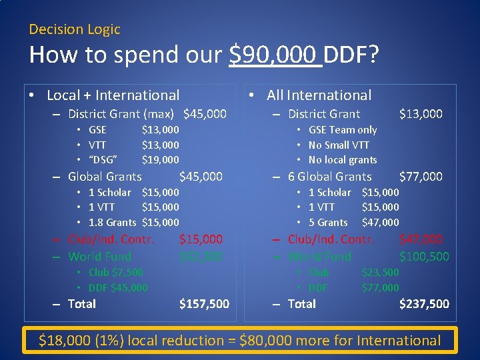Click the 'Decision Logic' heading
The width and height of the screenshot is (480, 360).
pyautogui.click(x=75, y=29)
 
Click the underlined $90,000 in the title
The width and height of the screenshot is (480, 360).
pyautogui.click(x=275, y=55)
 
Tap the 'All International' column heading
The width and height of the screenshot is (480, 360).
pyautogui.click(x=319, y=96)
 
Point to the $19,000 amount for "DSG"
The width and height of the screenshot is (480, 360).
pyautogui.click(x=160, y=160)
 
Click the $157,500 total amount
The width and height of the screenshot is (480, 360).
pyautogui.click(x=204, y=304)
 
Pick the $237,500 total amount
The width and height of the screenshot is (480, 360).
pyautogui.click(x=424, y=304)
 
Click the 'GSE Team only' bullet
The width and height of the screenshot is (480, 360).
pyautogui.click(x=343, y=130)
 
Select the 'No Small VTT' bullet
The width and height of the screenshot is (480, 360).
pyautogui.click(x=339, y=145)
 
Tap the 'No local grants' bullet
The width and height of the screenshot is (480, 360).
pyautogui.click(x=343, y=160)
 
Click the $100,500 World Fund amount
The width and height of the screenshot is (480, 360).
pyautogui.click(x=424, y=257)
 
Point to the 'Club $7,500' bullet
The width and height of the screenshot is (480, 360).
pyautogui.click(x=115, y=272)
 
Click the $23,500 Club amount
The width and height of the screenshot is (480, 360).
pyautogui.click(x=380, y=272)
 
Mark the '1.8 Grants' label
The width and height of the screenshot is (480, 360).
pyautogui.click(x=112, y=223)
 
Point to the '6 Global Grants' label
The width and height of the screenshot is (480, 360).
pyautogui.click(x=329, y=177)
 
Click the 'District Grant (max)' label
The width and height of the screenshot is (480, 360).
pyautogui.click(x=121, y=114)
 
